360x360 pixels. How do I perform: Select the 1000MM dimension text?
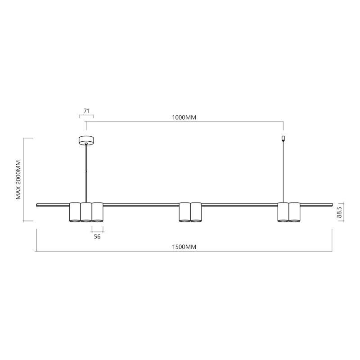184,117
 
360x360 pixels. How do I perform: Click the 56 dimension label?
97,236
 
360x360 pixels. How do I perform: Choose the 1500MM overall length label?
184,247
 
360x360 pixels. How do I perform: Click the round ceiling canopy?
86,140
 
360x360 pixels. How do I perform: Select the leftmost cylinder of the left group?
75,212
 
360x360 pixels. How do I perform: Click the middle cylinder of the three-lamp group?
86,212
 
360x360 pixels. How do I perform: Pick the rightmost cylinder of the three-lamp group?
97,212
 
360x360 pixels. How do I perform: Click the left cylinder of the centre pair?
184,212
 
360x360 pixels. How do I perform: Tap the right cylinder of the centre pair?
196,212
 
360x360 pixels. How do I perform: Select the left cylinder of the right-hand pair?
283,212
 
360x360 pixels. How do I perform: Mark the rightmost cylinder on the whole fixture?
294,212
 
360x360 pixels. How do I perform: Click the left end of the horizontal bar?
38,205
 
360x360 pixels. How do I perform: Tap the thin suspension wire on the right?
283,171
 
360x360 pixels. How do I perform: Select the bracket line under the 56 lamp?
97,229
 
